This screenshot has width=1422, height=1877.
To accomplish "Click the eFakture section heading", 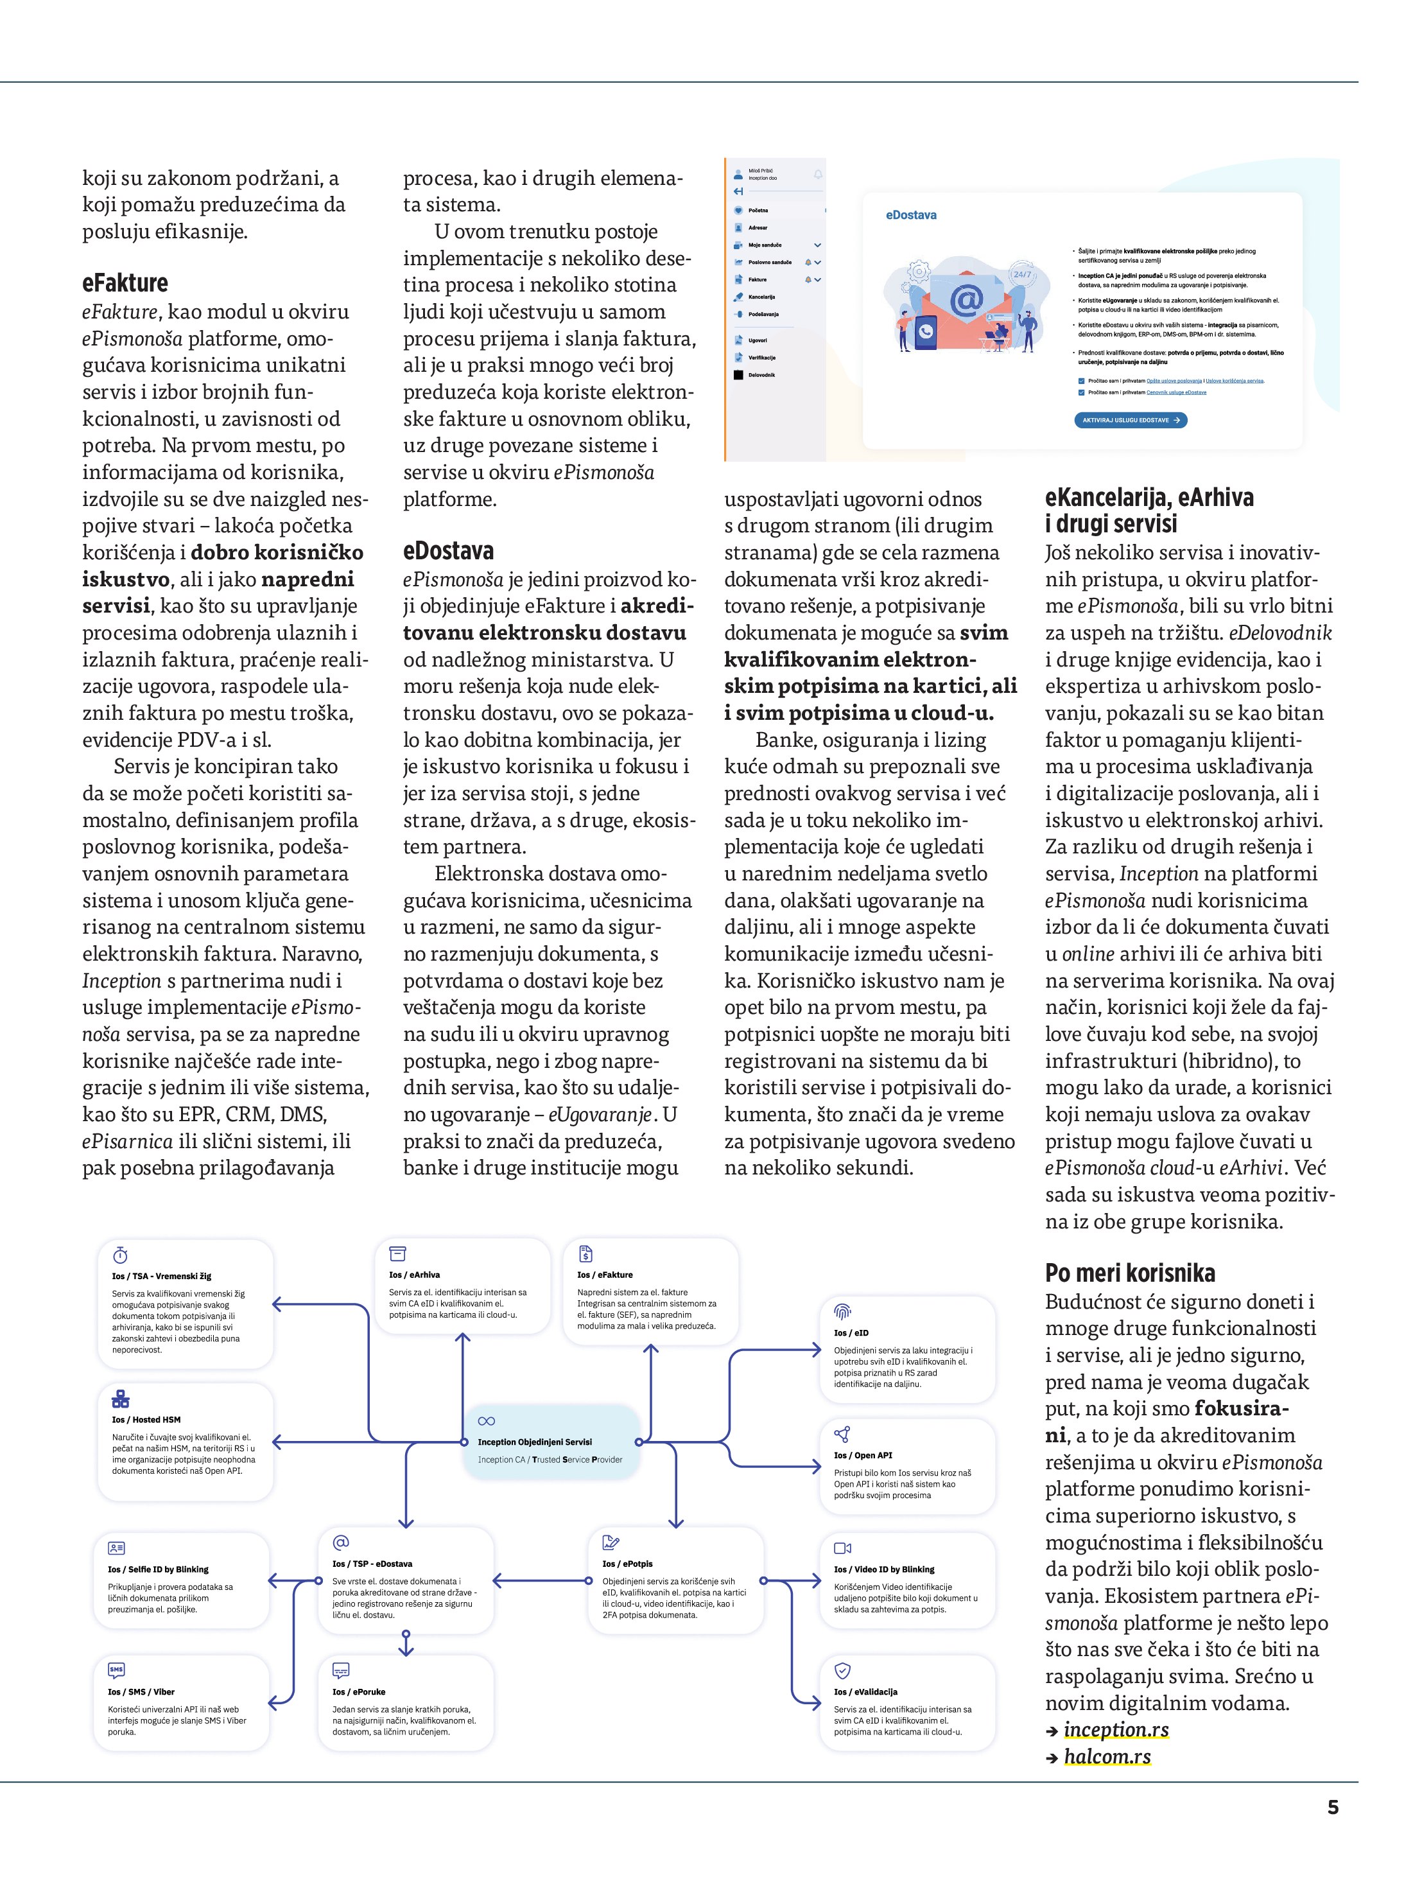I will (125, 283).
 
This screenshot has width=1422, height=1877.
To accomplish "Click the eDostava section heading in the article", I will (448, 552).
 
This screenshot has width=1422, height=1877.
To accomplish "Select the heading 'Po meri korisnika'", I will (1129, 1273).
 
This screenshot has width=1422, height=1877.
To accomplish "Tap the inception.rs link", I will (1116, 1729).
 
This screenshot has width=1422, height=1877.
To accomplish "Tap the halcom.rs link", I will (1107, 1756).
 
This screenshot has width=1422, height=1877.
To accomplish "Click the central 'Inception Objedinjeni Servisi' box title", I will (535, 1442).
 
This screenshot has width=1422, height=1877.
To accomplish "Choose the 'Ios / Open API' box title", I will (863, 1455).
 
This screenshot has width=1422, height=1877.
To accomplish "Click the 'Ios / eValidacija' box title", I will (865, 1692).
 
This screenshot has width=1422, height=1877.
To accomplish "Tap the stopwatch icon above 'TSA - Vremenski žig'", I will (121, 1255).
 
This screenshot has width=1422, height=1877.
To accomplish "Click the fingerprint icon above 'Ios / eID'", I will (842, 1312).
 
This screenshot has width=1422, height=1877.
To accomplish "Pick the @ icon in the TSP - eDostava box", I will (341, 1542).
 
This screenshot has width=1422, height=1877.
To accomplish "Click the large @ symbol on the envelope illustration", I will (966, 301).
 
